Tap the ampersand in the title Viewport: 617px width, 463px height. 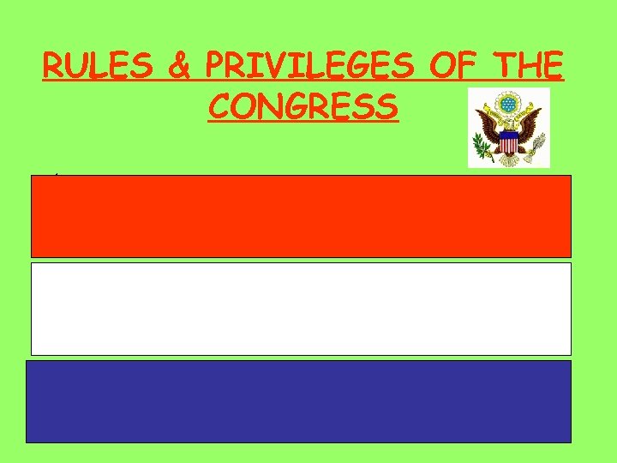(x=180, y=67)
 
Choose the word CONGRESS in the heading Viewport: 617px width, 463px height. (x=303, y=107)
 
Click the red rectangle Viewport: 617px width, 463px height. (x=301, y=216)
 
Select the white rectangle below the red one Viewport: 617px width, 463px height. (x=301, y=309)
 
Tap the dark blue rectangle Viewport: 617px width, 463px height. (x=298, y=401)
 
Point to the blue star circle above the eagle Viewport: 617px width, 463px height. (x=509, y=103)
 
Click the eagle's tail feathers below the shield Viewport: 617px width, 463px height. (x=509, y=159)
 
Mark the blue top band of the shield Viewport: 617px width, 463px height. (x=509, y=135)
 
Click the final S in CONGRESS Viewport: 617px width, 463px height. (x=387, y=107)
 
